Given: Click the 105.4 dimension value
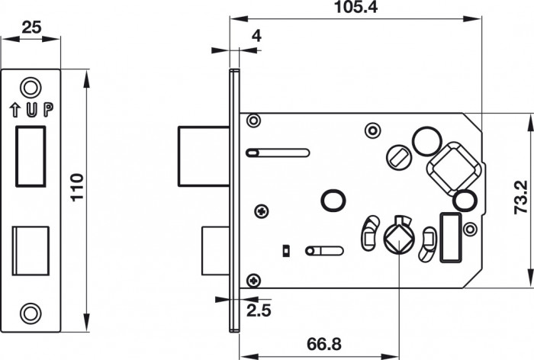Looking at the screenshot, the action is pyautogui.click(x=355, y=7).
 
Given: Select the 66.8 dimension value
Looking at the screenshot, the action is pyautogui.click(x=324, y=344).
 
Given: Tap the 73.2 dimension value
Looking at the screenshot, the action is pyautogui.click(x=521, y=198).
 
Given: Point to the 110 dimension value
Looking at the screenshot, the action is pyautogui.click(x=77, y=188).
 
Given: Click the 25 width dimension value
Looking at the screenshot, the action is pyautogui.click(x=31, y=27).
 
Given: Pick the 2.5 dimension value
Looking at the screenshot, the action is pyautogui.click(x=259, y=310).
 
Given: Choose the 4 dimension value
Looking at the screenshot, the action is pyautogui.click(x=256, y=36).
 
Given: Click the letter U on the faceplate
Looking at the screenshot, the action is pyautogui.click(x=32, y=109).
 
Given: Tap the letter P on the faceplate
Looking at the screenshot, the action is pyautogui.click(x=48, y=109).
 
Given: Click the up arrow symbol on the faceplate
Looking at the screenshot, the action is pyautogui.click(x=14, y=110).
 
